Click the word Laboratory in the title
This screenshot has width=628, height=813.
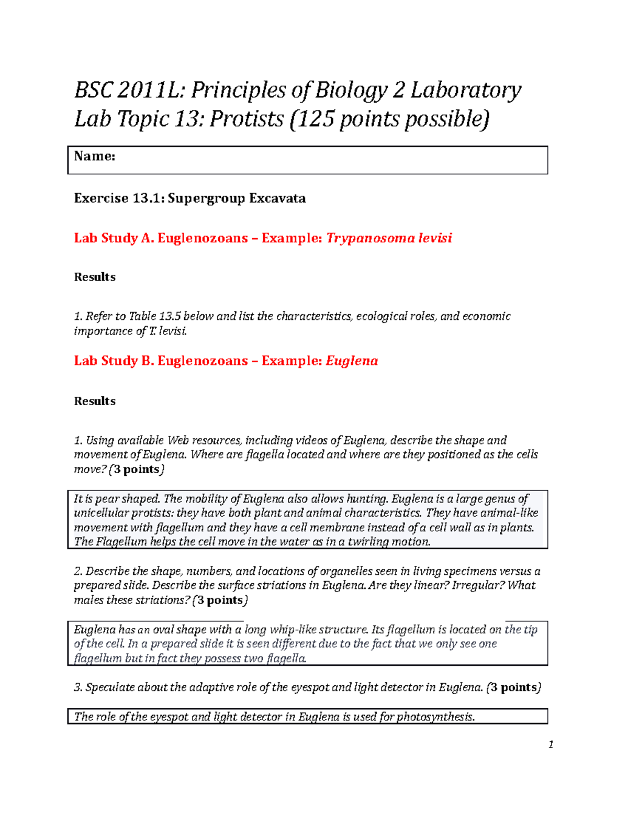(x=465, y=91)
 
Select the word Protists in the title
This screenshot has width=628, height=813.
(x=246, y=119)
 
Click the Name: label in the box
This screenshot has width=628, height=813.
(x=95, y=156)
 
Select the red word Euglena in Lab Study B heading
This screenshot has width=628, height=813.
(x=352, y=361)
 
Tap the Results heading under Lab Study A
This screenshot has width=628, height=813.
(x=95, y=277)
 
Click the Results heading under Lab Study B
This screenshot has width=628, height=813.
(x=95, y=401)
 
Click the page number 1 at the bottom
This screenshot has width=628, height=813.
(x=551, y=745)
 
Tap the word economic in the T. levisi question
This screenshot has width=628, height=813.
(x=486, y=316)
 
